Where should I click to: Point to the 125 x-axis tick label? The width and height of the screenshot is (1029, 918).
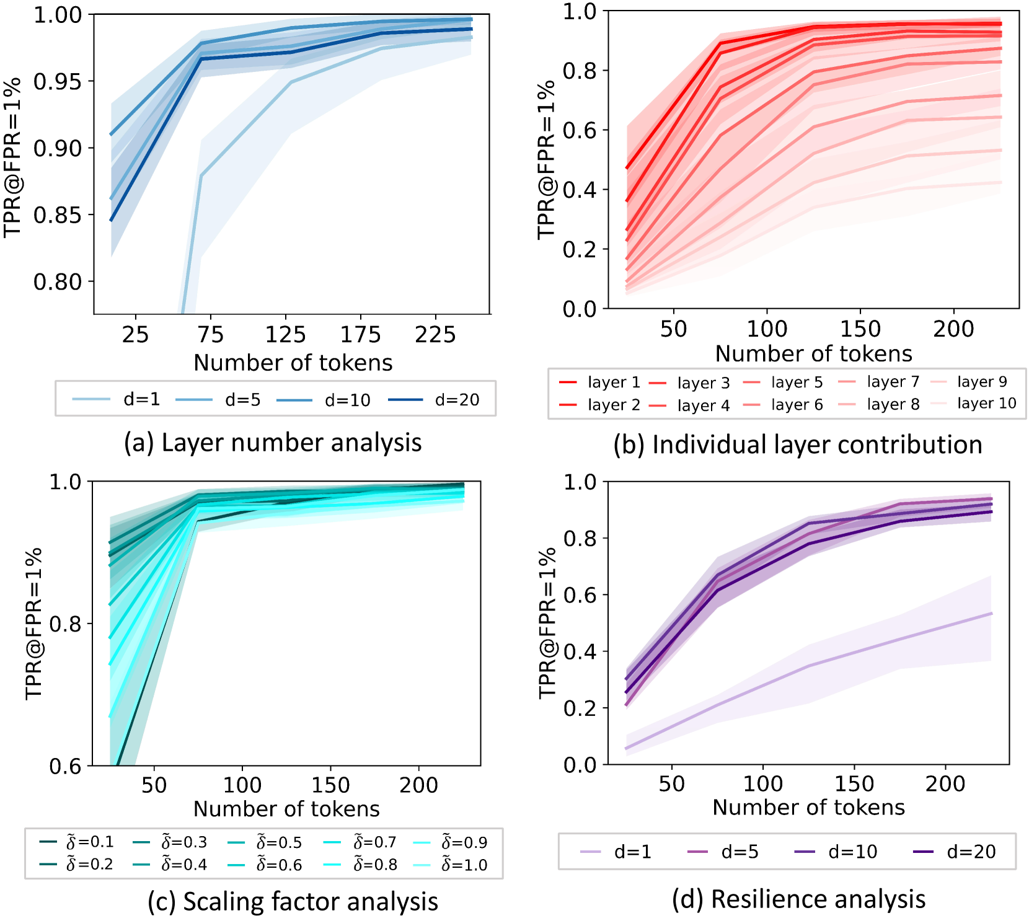285,335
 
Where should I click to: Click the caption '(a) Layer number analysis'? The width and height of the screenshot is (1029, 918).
273,443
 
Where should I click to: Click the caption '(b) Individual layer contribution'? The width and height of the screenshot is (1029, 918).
798,445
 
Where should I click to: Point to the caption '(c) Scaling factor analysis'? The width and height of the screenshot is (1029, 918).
293,901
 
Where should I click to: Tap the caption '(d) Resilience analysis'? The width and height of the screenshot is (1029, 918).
798,899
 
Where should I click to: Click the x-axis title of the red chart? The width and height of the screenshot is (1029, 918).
813,353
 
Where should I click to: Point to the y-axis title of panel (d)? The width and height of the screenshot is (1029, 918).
547,623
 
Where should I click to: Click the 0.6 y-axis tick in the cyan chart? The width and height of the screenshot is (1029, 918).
65,766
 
